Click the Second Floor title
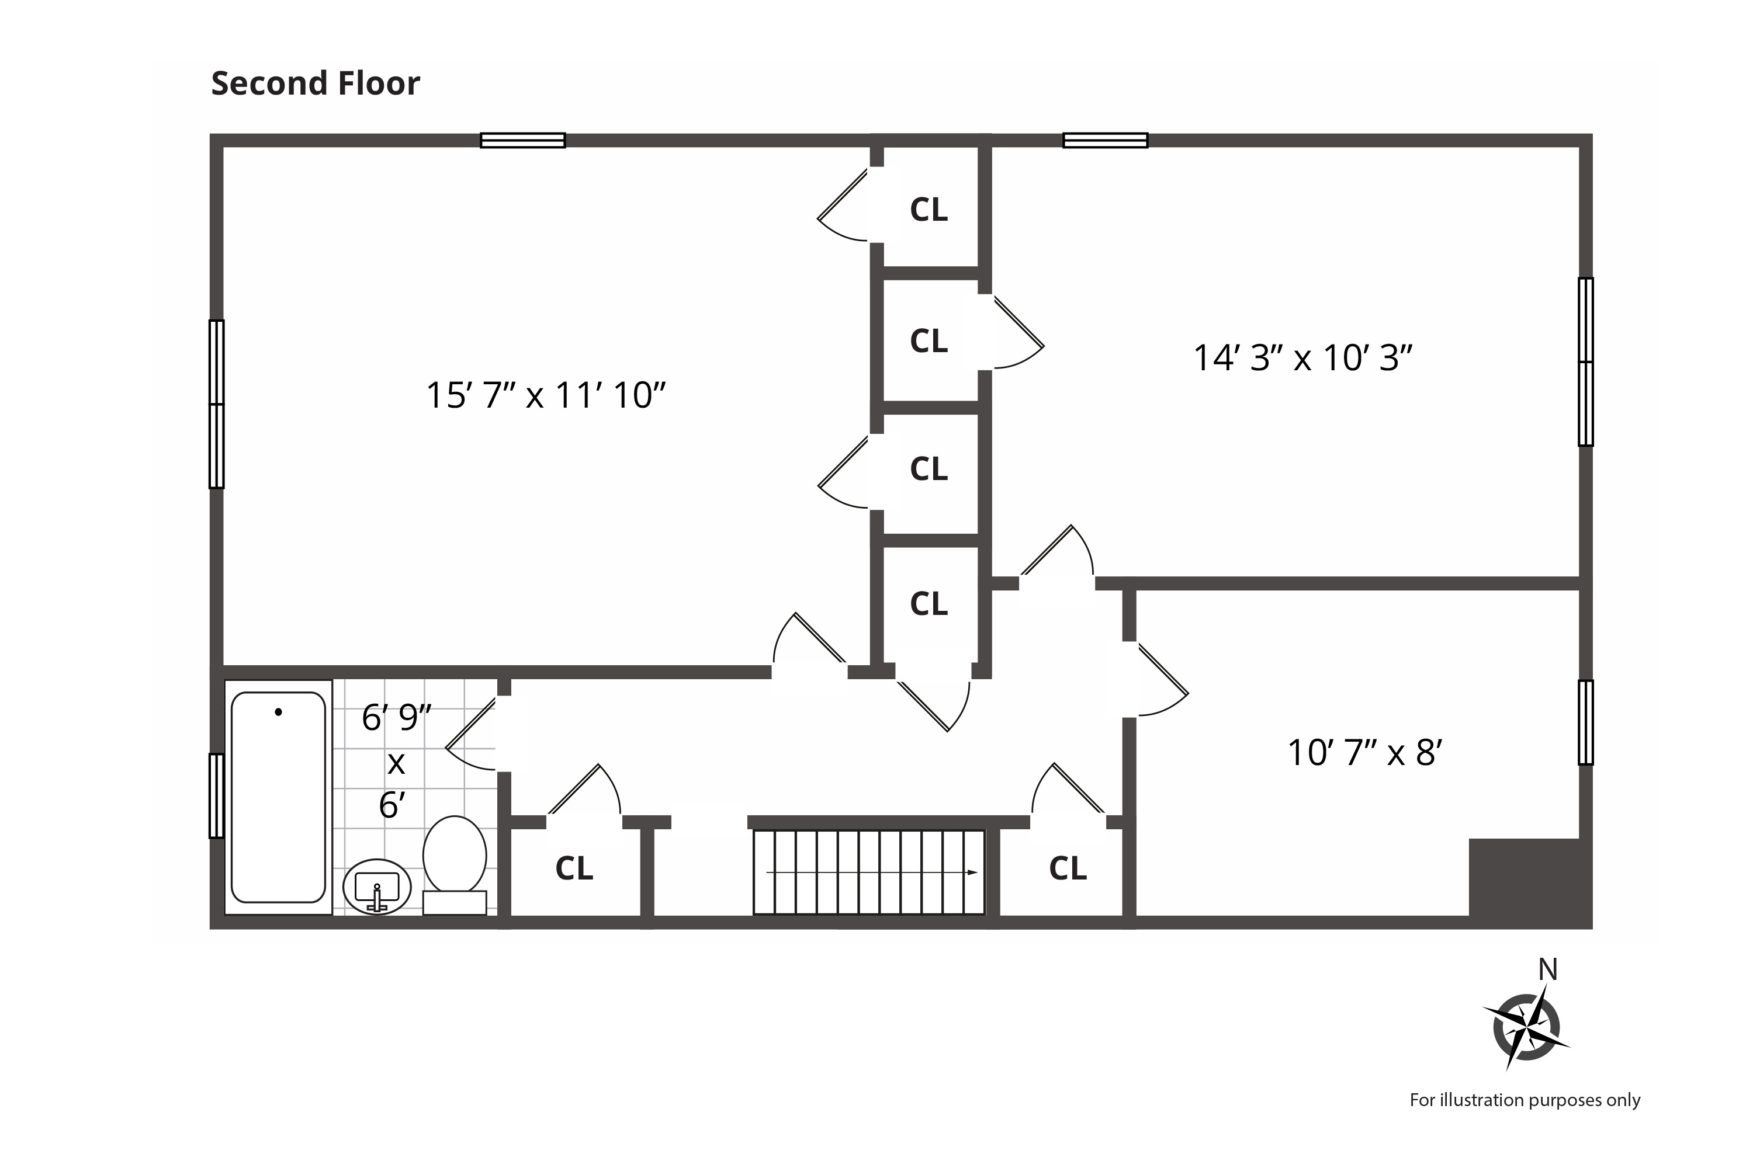click(316, 84)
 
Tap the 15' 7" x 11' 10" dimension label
click(546, 395)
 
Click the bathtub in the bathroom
click(278, 797)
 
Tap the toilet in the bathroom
click(455, 864)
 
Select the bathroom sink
click(376, 887)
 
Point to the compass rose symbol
click(1526, 1028)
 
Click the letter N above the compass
click(1548, 970)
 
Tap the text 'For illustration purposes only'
click(1525, 1100)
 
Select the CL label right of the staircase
click(1068, 868)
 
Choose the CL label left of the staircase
click(574, 868)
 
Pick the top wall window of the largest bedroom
click(522, 140)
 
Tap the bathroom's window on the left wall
click(216, 795)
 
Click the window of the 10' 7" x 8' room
click(1586, 722)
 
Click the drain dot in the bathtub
click(279, 712)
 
